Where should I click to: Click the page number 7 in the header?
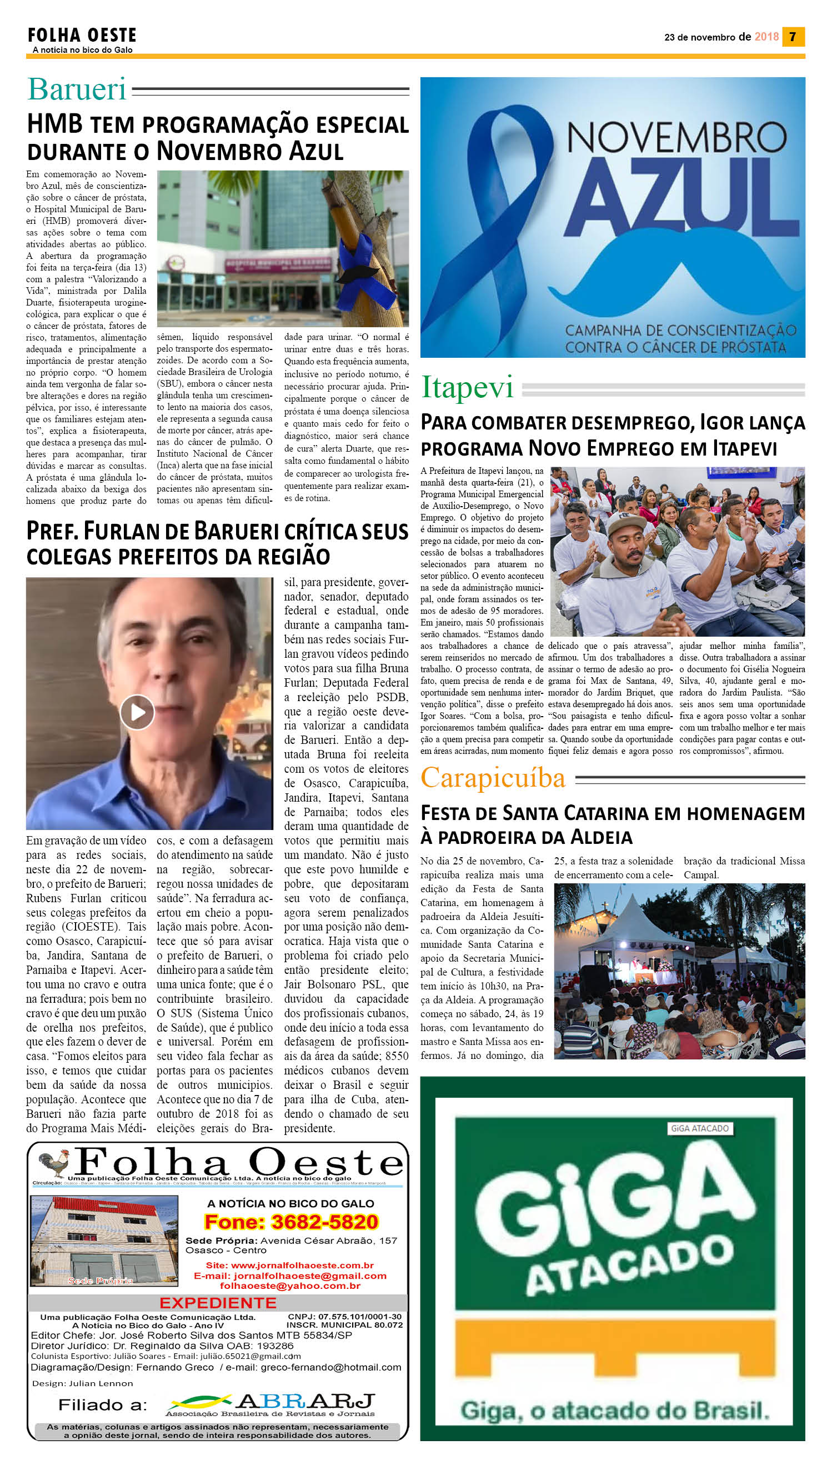click(x=793, y=37)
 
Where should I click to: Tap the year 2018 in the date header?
click(x=766, y=37)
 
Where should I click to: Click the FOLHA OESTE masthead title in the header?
click(x=82, y=36)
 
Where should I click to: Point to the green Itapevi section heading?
click(x=467, y=388)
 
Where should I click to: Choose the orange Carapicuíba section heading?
click(x=493, y=778)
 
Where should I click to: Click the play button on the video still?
click(x=137, y=712)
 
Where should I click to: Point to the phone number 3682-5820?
click(x=324, y=1222)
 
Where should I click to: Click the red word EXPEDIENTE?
click(x=218, y=1303)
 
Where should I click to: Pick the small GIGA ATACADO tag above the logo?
click(x=699, y=1128)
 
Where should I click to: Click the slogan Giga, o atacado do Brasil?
click(x=615, y=1411)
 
